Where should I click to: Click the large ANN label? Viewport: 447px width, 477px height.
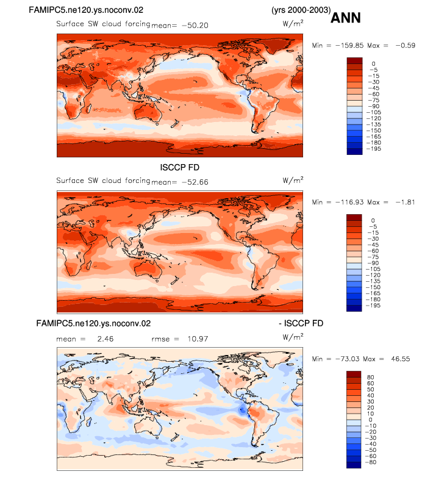tap(345, 18)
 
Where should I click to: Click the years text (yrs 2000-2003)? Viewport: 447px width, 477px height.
tap(301, 10)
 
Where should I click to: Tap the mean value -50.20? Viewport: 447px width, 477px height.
tap(195, 25)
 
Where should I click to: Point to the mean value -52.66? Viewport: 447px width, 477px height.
tap(195, 182)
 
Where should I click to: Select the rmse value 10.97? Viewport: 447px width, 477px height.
tap(198, 339)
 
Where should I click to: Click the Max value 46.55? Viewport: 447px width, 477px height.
tap(401, 359)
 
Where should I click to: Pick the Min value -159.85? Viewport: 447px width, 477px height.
tap(349, 45)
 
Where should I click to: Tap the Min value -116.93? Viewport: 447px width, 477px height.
tap(349, 202)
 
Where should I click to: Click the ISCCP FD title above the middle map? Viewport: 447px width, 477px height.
tap(180, 167)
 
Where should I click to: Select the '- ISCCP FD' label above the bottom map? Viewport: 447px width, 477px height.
tap(301, 323)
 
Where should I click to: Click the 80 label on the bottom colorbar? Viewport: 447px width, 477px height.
tap(370, 377)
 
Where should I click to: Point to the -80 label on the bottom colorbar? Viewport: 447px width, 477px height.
tap(371, 462)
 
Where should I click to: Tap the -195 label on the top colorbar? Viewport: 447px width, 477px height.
tap(374, 149)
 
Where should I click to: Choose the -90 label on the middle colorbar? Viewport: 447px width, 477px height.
tap(373, 263)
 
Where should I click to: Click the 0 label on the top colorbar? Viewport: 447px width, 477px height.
tap(373, 64)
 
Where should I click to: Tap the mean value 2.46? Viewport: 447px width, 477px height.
tap(105, 339)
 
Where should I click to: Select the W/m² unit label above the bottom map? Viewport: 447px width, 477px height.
tap(293, 337)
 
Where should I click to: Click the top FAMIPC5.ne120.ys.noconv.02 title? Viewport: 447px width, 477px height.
tap(86, 10)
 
